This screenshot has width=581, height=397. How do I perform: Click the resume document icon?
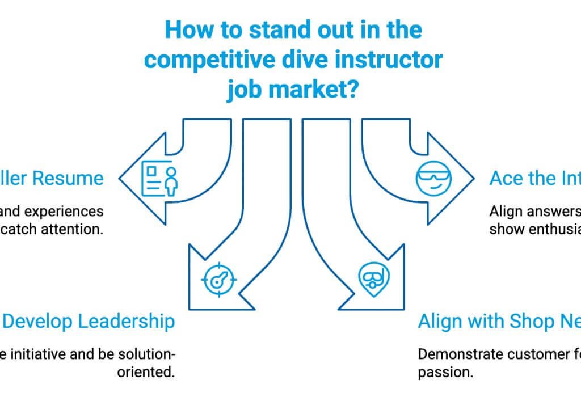click(159, 179)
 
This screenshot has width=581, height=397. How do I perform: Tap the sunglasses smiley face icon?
click(432, 178)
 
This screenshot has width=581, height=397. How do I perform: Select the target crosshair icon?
click(220, 278)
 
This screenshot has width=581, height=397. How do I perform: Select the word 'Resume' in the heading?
click(68, 178)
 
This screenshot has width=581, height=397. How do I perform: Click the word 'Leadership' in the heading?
click(125, 321)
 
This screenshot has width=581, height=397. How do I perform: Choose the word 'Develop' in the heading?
click(38, 321)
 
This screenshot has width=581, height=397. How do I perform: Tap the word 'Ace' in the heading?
click(507, 178)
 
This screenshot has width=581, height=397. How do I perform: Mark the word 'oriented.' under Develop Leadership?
click(146, 373)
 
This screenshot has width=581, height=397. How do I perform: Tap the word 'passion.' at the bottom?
click(445, 373)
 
